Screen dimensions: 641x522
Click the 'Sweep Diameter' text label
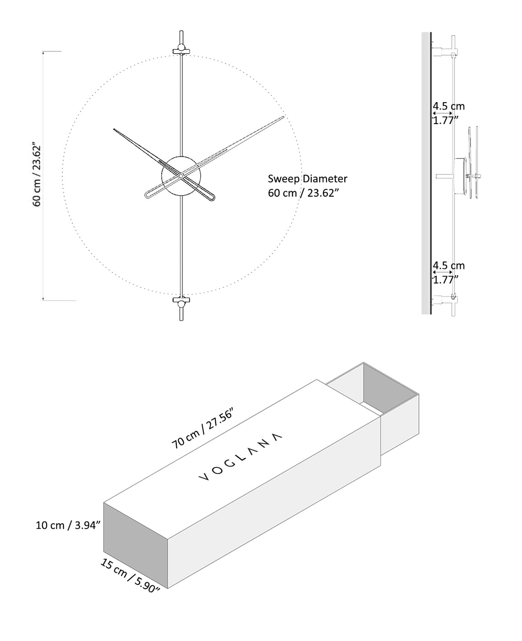tap(307, 179)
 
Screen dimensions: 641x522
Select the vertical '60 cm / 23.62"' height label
tap(37, 176)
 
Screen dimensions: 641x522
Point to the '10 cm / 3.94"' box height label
tap(68, 525)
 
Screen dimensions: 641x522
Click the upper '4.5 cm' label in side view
tap(449, 106)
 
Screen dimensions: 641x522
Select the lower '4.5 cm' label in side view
tap(449, 266)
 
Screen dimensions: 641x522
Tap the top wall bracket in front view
tap(182, 49)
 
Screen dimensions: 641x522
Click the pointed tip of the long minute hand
tap(283, 118)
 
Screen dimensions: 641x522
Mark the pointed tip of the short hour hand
tap(114, 130)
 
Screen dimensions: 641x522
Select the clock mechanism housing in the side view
tap(459, 176)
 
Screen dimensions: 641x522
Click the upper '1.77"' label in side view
tap(446, 120)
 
